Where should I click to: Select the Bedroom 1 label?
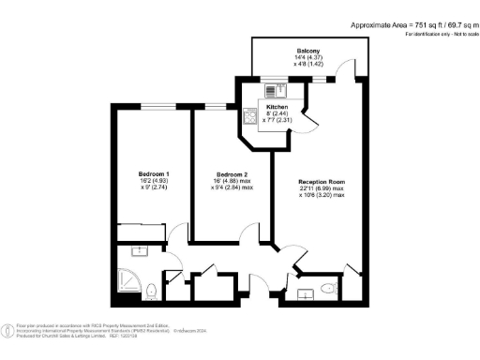[x=154, y=174]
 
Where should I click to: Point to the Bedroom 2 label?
[x=232, y=174]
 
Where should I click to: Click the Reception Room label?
[x=322, y=181]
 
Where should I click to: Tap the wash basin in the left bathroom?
[x=137, y=251]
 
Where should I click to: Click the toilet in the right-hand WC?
[x=326, y=287]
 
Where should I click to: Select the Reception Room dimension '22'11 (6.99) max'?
[x=322, y=188]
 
